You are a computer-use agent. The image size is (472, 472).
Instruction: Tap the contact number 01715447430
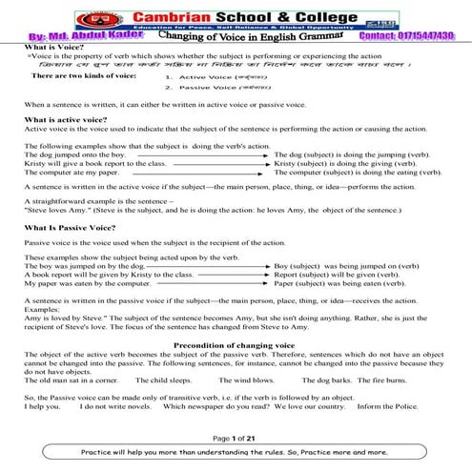click(412, 36)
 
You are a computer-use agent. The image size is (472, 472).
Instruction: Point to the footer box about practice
click(236, 452)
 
